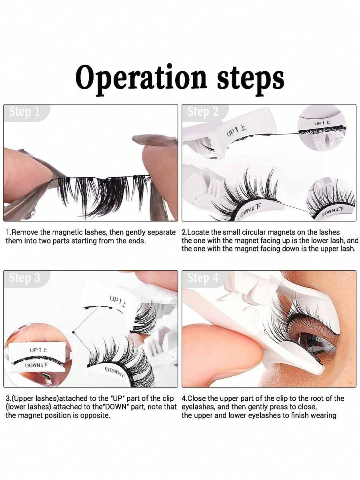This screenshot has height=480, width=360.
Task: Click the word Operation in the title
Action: click(x=141, y=78)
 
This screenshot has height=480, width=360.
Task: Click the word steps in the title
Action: click(x=251, y=79)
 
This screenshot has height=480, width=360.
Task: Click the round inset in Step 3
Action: click(x=37, y=355)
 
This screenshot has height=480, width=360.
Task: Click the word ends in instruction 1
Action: click(x=137, y=241)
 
